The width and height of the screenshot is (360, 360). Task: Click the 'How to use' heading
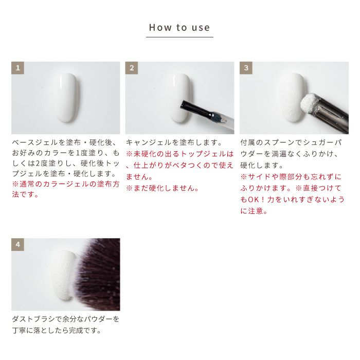tap(179, 28)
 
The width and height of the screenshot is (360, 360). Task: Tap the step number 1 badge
tap(17, 68)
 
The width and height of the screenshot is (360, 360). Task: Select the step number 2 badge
tap(132, 68)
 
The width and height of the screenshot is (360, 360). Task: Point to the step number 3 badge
tap(246, 68)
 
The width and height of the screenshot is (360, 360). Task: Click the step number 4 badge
tap(17, 244)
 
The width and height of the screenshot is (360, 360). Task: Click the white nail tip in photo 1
tap(66, 97)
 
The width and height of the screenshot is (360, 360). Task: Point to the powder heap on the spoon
tap(309, 103)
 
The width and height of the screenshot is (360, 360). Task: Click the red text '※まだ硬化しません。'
tap(163, 188)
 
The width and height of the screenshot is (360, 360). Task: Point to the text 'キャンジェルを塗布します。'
tap(174, 142)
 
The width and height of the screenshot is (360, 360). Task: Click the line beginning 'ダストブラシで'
tap(66, 319)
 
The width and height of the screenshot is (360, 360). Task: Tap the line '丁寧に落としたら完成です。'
tap(57, 330)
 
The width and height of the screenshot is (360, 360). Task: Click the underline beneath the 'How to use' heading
tap(179, 37)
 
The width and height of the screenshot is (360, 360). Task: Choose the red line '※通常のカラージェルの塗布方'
tap(66, 184)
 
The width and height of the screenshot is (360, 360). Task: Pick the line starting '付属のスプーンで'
tap(292, 142)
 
